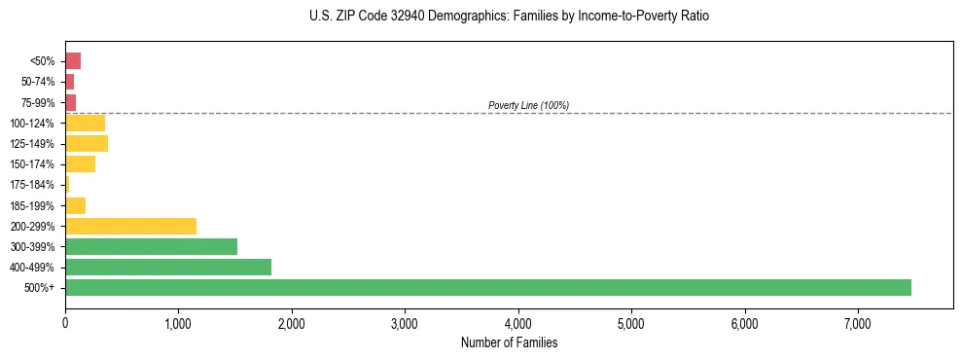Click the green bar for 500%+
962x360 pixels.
click(x=487, y=287)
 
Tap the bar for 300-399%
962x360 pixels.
click(x=151, y=246)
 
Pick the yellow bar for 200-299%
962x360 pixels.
click(x=130, y=226)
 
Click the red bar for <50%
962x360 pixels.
click(x=73, y=61)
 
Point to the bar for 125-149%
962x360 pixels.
click(x=87, y=143)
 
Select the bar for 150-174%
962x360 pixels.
click(x=80, y=163)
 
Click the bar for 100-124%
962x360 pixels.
click(x=85, y=123)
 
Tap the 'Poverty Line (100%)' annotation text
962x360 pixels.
click(x=528, y=105)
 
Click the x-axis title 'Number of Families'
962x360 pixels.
click(x=509, y=342)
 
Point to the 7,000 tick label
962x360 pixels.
click(x=858, y=323)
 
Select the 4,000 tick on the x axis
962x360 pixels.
click(x=518, y=323)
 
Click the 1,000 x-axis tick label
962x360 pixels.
click(x=178, y=323)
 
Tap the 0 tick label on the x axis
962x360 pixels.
click(x=65, y=323)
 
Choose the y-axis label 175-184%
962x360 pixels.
click(x=32, y=185)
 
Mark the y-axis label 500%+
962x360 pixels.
click(x=41, y=288)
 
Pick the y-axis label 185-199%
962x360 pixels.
click(x=32, y=205)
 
